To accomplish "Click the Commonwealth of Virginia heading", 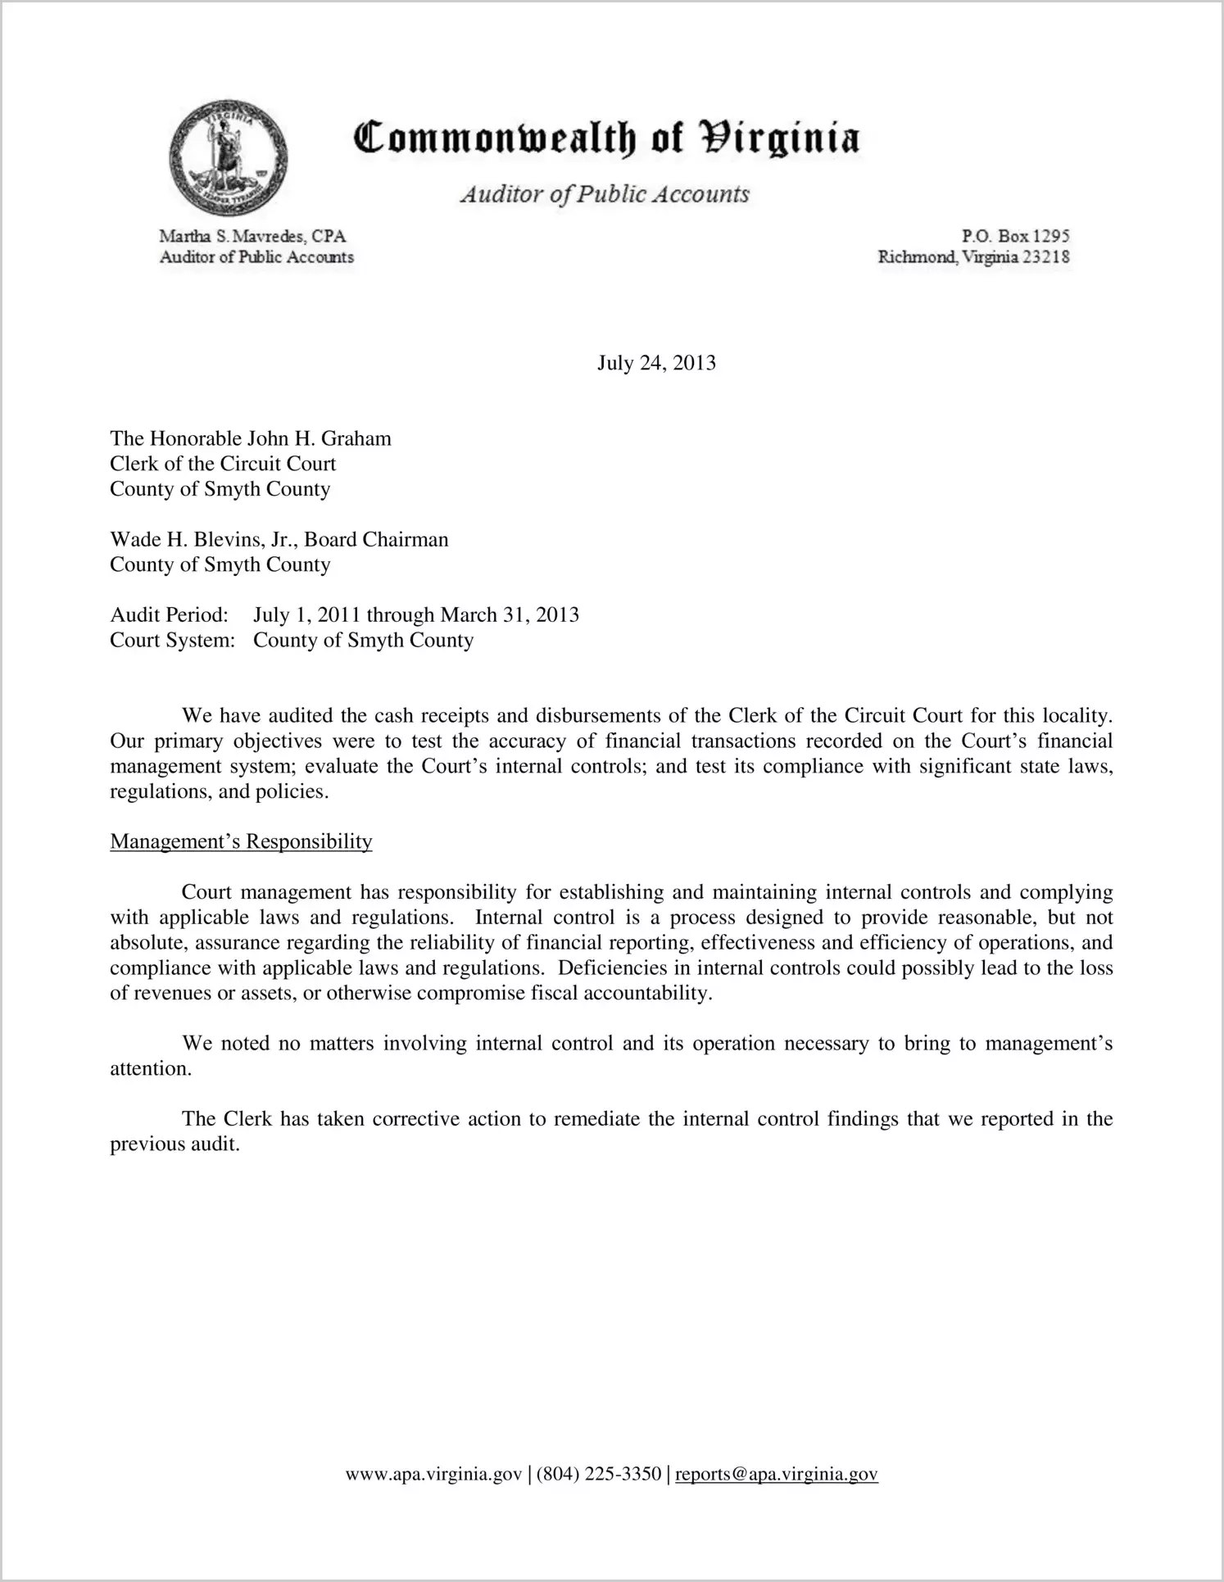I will tap(605, 138).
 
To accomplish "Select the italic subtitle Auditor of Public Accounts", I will tap(605, 194).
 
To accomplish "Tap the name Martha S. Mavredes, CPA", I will tap(252, 236).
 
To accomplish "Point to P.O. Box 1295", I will tap(1015, 236).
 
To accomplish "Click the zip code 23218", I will tap(1046, 257).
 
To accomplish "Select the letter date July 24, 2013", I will tap(656, 363).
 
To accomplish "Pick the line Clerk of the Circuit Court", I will tap(223, 464).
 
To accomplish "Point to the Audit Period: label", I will tap(169, 614).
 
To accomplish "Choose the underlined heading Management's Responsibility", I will tap(241, 841).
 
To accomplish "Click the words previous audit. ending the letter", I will tap(175, 1145).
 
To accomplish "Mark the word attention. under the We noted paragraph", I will tap(151, 1069).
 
